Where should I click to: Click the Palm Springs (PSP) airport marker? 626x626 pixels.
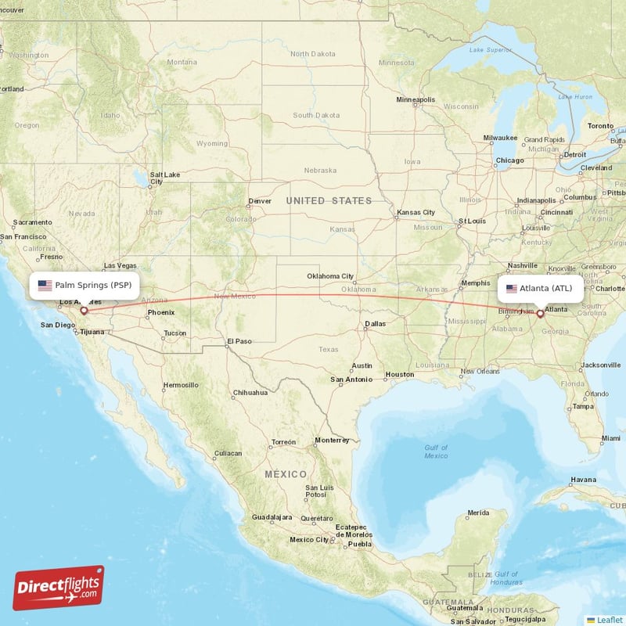point(84,311)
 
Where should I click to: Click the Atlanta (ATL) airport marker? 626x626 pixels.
point(540,314)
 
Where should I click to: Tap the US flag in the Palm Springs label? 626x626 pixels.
point(45,286)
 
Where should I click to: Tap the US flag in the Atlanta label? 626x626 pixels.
point(512,289)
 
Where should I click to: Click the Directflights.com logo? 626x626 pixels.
point(59,588)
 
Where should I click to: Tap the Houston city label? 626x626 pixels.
point(400,375)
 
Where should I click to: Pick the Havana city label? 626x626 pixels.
point(583,479)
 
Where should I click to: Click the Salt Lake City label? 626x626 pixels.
point(165,178)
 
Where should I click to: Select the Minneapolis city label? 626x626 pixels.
point(416,100)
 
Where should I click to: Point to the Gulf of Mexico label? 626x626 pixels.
point(436,452)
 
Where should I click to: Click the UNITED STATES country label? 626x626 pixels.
point(329,201)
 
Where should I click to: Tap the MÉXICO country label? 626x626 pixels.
point(285,474)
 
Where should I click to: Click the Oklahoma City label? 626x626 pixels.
point(330,276)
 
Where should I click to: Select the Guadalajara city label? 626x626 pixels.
point(271,518)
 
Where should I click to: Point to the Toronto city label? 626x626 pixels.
point(601,126)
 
